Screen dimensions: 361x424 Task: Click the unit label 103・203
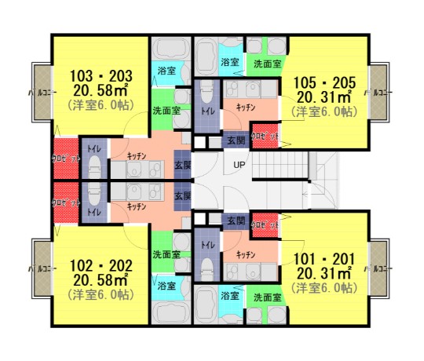click(x=101, y=76)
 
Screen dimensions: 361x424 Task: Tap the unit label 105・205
click(x=325, y=82)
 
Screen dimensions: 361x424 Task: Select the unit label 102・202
click(x=101, y=265)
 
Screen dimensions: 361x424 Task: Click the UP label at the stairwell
click(x=238, y=165)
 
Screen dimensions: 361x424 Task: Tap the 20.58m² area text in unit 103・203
click(x=101, y=89)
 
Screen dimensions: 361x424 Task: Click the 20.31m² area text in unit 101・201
click(x=325, y=273)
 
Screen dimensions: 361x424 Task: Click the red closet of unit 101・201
click(x=265, y=225)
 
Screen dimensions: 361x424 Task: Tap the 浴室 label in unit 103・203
click(x=166, y=71)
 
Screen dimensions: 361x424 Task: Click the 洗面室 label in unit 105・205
click(x=267, y=63)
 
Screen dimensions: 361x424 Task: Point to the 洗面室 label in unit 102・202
click(x=166, y=254)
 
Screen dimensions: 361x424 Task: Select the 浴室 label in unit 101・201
click(x=229, y=297)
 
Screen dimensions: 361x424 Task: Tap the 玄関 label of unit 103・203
click(x=182, y=166)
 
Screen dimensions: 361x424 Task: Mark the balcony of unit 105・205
click(x=380, y=93)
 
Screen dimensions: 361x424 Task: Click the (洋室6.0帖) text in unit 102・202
click(x=101, y=294)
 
